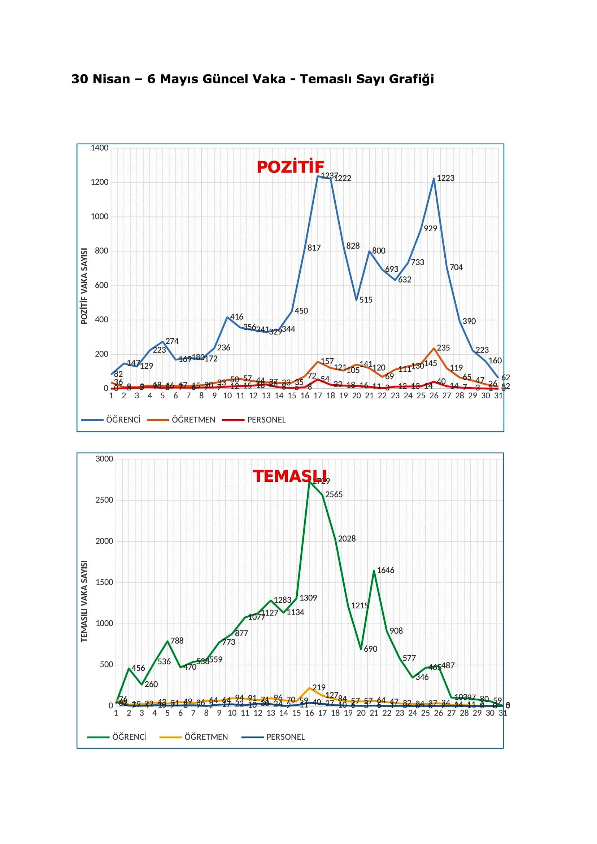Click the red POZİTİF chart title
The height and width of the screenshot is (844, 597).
tap(291, 167)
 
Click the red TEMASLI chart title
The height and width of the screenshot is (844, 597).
tap(290, 476)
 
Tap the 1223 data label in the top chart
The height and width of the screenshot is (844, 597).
tap(445, 178)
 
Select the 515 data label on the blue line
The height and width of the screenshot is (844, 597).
tap(366, 300)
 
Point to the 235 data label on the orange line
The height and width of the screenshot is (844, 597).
tap(443, 348)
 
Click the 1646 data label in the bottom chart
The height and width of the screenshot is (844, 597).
tap(385, 570)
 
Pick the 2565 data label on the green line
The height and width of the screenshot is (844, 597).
tap(334, 495)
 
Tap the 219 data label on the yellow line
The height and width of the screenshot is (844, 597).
tap(319, 687)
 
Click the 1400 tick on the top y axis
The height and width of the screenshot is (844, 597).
tap(100, 148)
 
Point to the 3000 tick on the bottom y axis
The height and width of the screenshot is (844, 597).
tap(104, 459)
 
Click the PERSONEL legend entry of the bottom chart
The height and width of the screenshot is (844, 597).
tap(286, 737)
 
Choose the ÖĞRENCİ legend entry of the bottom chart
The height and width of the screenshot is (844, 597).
tap(129, 737)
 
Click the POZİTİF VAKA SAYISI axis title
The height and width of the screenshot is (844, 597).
tap(84, 286)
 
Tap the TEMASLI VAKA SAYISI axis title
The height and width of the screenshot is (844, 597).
tap(84, 601)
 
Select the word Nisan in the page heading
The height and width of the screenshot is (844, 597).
tap(112, 79)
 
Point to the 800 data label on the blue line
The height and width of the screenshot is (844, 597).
tap(379, 251)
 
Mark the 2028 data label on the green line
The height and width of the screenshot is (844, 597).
tap(347, 539)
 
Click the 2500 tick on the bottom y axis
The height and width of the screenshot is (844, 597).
tap(104, 500)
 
